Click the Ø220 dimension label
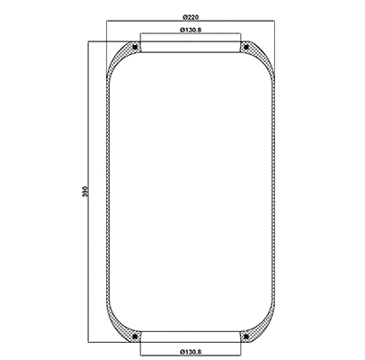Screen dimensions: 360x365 tap(190, 17)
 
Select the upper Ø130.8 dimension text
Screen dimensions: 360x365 tap(190, 31)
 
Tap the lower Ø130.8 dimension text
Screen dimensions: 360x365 tap(190, 350)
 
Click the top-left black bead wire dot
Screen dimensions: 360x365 tap(136, 47)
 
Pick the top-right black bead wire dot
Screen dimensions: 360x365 tap(244, 47)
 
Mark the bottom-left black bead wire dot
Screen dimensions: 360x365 tap(136, 337)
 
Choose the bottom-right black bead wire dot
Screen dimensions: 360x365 tap(244, 337)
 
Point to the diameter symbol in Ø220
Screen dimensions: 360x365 tap(182, 17)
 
